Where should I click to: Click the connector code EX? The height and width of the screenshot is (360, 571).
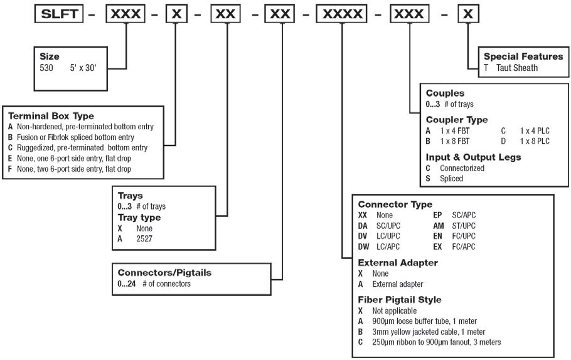[x=439, y=247]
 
